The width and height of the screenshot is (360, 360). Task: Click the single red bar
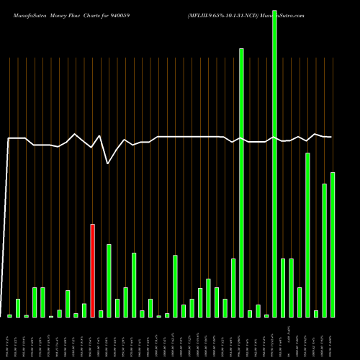pos(92,270)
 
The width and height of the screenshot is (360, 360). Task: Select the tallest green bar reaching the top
pos(274,158)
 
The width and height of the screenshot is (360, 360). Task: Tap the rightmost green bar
pos(333,245)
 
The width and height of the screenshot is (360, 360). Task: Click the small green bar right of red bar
pos(101,314)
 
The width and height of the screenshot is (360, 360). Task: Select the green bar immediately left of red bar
pos(84,310)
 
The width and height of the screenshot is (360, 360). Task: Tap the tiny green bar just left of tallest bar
pos(266,315)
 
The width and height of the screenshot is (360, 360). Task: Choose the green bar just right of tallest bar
pos(283,288)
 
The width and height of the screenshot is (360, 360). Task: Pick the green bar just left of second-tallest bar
pos(233,288)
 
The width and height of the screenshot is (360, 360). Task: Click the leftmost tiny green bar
pos(9,315)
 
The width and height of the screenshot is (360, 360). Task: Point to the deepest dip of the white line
pos(108,163)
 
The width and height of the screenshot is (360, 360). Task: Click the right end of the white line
pos(331,137)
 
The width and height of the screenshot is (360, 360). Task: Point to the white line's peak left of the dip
pos(100,135)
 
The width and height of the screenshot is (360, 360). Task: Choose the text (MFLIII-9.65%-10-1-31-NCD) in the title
pos(222,14)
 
